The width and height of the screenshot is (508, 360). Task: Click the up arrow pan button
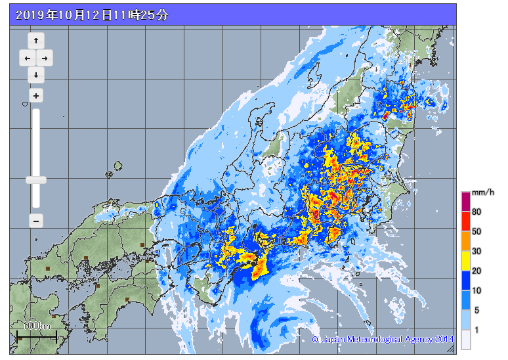(35, 41)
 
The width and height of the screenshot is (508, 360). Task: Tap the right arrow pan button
(45, 58)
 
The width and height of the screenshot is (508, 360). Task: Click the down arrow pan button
(35, 75)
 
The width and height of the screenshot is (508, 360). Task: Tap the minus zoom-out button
(36, 221)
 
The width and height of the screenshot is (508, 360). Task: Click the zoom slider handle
(36, 179)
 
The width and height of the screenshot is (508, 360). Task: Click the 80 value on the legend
(476, 212)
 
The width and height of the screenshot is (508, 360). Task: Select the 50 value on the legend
(476, 231)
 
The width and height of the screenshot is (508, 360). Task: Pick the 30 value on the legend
(476, 251)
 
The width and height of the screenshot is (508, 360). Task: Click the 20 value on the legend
(476, 271)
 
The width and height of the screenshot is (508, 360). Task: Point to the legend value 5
(476, 309)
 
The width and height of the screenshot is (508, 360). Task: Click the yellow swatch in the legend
(465, 261)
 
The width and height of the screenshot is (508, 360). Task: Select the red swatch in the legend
(465, 221)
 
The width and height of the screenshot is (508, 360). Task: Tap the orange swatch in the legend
(465, 241)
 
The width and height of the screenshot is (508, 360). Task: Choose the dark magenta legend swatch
(465, 202)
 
